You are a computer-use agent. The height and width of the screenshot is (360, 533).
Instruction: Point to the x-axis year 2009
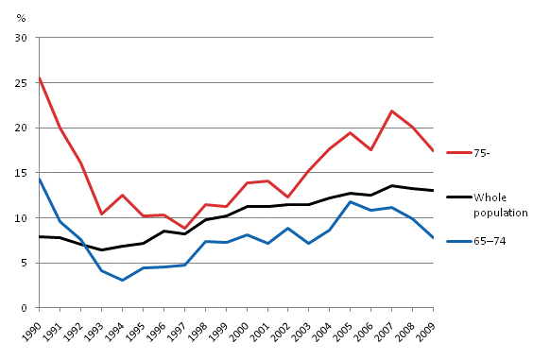tap(428, 331)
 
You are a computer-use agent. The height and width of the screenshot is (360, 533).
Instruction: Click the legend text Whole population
tap(501, 204)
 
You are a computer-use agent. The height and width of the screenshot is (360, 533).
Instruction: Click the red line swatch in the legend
tap(457, 151)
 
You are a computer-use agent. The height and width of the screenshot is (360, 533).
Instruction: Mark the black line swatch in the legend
tap(457, 197)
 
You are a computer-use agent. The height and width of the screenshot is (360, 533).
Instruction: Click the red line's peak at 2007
tap(392, 111)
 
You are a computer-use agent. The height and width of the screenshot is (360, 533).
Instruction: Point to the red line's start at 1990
tap(39, 77)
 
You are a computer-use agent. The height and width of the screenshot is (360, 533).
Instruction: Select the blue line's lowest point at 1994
tap(122, 280)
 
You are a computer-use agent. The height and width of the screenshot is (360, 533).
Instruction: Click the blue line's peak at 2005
tap(351, 201)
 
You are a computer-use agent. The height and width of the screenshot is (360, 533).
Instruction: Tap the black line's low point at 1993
tap(101, 250)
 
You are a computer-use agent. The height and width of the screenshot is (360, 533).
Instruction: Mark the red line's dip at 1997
tap(184, 229)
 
